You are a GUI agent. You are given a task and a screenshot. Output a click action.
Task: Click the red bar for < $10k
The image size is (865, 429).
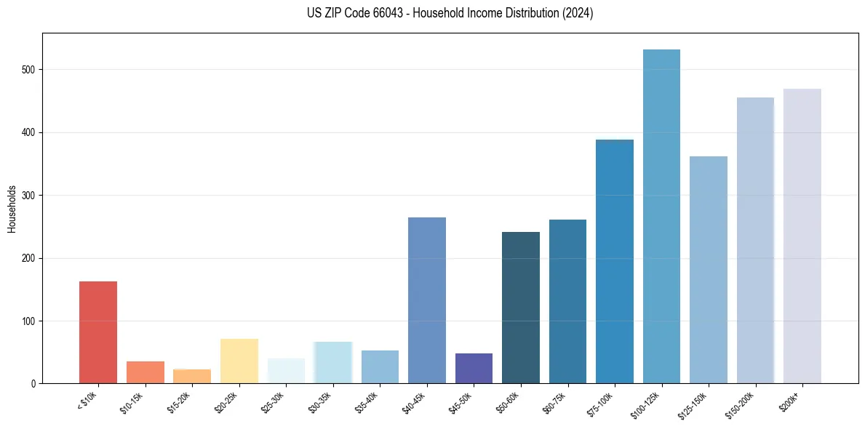point(98,332)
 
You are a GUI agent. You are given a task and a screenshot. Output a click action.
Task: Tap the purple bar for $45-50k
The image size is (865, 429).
point(474,369)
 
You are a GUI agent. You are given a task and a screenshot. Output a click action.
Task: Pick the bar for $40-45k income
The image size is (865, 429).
point(427,300)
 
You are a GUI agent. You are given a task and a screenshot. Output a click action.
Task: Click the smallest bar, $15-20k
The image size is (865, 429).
point(192,377)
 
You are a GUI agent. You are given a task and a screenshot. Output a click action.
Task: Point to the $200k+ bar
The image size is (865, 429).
point(802,236)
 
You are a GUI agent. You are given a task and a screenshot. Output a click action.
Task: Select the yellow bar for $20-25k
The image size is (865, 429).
point(239,361)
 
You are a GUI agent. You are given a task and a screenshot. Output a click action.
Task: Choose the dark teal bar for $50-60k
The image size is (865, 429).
point(521,308)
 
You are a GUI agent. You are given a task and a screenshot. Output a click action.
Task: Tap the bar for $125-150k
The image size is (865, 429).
point(709,270)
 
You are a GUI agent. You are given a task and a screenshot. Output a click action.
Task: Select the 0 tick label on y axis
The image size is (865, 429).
point(33,384)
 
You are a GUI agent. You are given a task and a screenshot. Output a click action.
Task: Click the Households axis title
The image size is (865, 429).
point(12,209)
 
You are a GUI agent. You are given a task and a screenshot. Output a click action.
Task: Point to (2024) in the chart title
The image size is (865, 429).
point(578,13)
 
